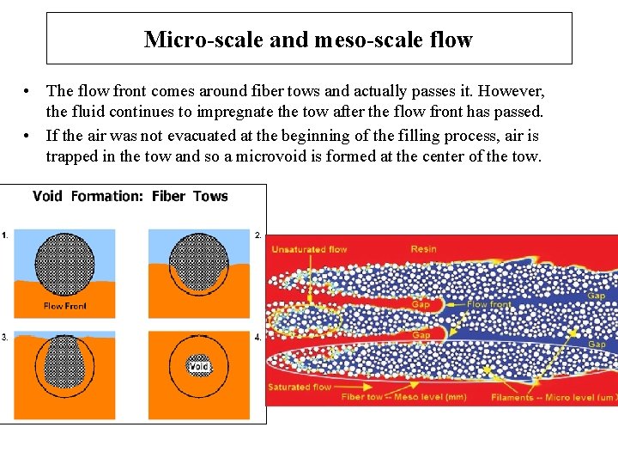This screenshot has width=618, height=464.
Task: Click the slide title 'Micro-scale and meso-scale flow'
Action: [x=308, y=40]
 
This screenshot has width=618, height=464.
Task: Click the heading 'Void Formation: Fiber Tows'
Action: [x=130, y=196]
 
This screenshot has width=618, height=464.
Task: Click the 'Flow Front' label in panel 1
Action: [x=65, y=306]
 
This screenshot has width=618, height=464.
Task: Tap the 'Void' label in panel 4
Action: [x=199, y=367]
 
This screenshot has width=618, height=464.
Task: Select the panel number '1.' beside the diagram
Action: [x=5, y=234]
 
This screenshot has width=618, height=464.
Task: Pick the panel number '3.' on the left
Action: [x=5, y=337]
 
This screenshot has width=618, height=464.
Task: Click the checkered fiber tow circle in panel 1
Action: [x=64, y=265]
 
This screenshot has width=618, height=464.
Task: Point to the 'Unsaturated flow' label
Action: [x=309, y=249]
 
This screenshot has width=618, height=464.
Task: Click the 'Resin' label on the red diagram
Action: [x=423, y=248]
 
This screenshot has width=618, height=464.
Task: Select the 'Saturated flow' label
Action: [x=300, y=388]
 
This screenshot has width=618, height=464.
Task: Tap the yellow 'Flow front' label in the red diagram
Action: [x=489, y=304]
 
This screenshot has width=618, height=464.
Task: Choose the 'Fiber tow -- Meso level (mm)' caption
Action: [x=403, y=398]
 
